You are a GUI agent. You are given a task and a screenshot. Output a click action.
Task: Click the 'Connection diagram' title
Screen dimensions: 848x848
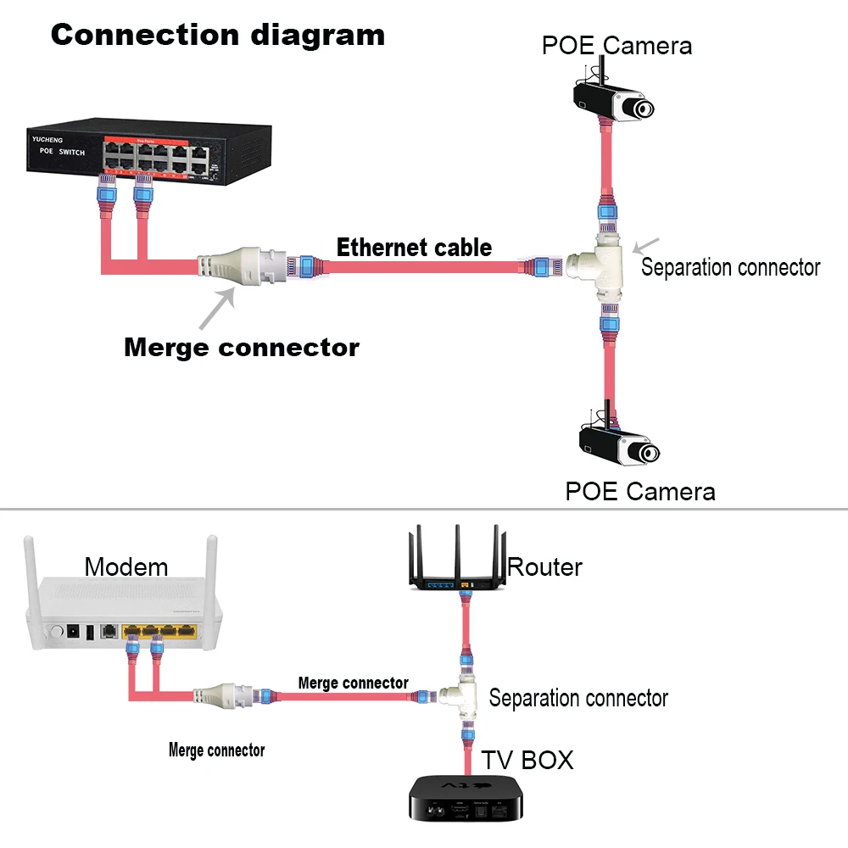click(x=217, y=35)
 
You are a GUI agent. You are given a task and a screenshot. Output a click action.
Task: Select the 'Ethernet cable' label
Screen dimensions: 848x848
click(x=414, y=248)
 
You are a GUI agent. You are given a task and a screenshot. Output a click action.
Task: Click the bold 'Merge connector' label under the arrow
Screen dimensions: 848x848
click(x=242, y=348)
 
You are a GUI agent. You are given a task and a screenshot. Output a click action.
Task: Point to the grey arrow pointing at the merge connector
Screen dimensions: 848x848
click(x=218, y=308)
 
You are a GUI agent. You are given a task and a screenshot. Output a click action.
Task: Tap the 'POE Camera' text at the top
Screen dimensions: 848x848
click(x=616, y=45)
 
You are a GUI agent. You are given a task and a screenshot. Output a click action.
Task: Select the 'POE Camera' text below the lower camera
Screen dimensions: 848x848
click(x=640, y=491)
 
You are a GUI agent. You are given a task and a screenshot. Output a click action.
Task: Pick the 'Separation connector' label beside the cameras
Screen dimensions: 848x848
click(x=730, y=268)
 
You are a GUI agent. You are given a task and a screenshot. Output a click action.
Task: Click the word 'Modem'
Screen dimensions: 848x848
click(x=126, y=566)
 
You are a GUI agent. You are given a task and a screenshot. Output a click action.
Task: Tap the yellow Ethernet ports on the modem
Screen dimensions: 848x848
click(x=161, y=631)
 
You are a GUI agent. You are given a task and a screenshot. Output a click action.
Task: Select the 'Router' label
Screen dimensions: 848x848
click(x=544, y=566)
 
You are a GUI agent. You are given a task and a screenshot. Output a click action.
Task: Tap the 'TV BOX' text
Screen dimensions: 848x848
click(x=527, y=760)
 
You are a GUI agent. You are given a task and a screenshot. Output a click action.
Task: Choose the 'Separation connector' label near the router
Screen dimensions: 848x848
click(x=578, y=698)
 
